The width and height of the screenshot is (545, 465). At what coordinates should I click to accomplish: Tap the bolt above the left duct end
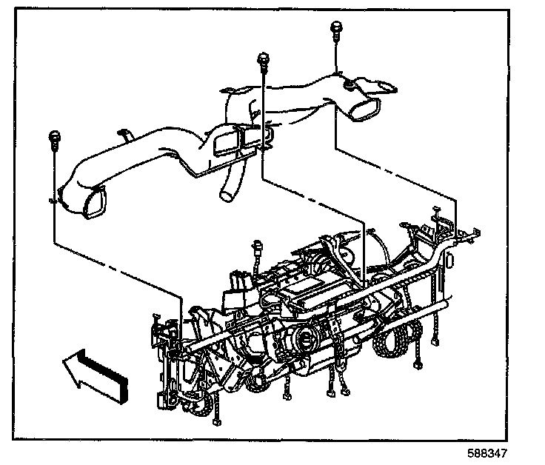pos(54,136)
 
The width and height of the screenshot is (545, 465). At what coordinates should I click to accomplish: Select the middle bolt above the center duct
pos(262,58)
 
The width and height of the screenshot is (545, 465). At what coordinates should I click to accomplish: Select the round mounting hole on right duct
pos(347,87)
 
